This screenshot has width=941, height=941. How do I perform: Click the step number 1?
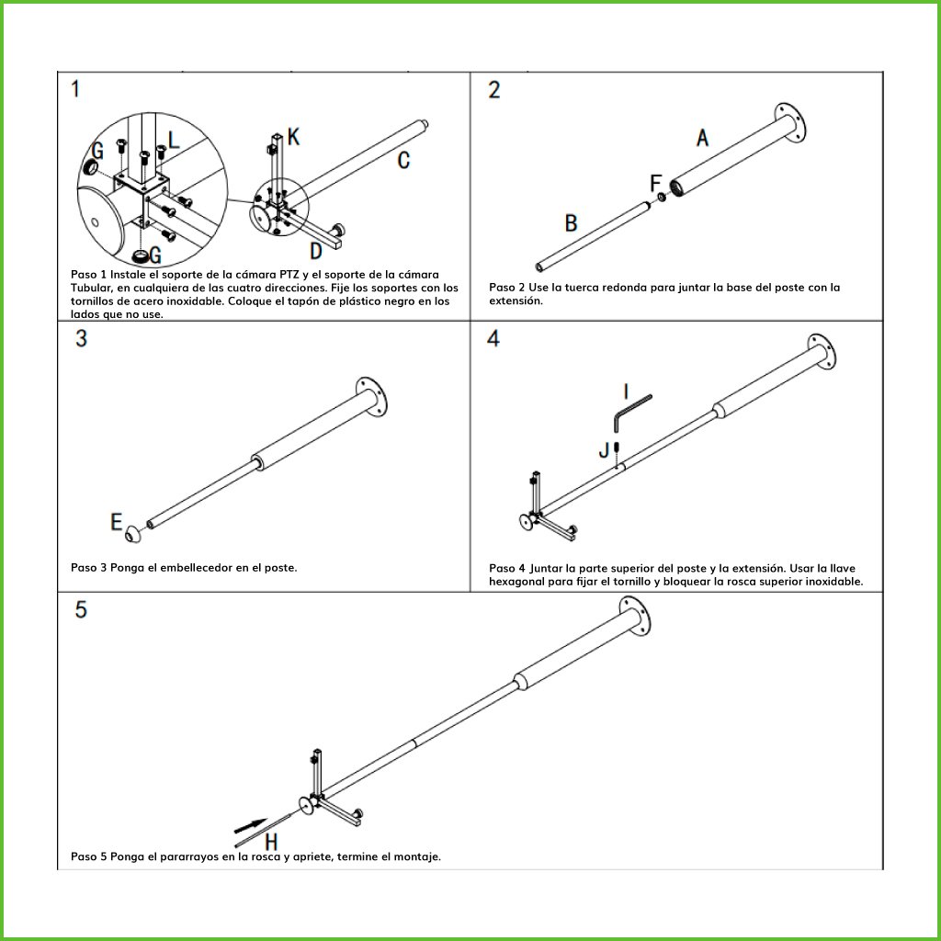75,89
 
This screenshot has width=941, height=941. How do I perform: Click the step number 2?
494,90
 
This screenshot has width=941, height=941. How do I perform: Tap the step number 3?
82,338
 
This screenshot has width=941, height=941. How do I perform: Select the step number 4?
493,338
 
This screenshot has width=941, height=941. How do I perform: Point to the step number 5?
82,609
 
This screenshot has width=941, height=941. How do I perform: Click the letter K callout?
293,137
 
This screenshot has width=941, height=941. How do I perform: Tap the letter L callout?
175,141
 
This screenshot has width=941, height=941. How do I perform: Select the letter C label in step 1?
403,161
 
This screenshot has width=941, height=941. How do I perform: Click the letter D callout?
315,250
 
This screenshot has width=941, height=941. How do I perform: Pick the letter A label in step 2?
702,138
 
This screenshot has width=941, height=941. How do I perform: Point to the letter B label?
571,223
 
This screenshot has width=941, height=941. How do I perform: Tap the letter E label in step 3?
117,522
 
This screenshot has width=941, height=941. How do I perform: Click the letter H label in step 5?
272,841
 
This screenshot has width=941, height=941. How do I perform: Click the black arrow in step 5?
251,824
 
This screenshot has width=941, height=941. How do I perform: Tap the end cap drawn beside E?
135,530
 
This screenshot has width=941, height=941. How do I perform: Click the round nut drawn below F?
661,197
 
